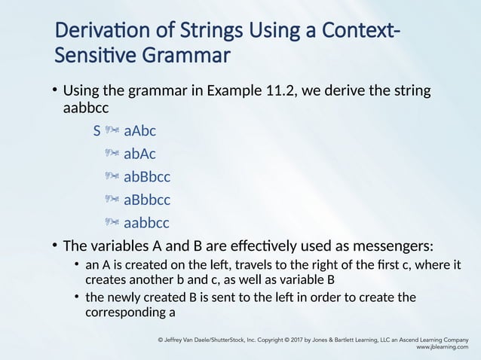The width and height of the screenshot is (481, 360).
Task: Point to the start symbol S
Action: coord(97,131)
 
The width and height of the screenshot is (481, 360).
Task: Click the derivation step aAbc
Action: coord(139,131)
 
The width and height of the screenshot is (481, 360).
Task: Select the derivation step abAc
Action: coord(139,154)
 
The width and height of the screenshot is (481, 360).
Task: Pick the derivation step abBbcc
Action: coord(146,177)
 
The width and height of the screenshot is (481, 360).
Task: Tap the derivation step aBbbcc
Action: coord(146,200)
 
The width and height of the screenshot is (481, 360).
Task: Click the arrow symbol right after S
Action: coord(112,131)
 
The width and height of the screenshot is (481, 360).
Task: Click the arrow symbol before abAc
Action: coord(112,154)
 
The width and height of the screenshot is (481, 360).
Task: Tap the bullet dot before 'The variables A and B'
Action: coord(54,246)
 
